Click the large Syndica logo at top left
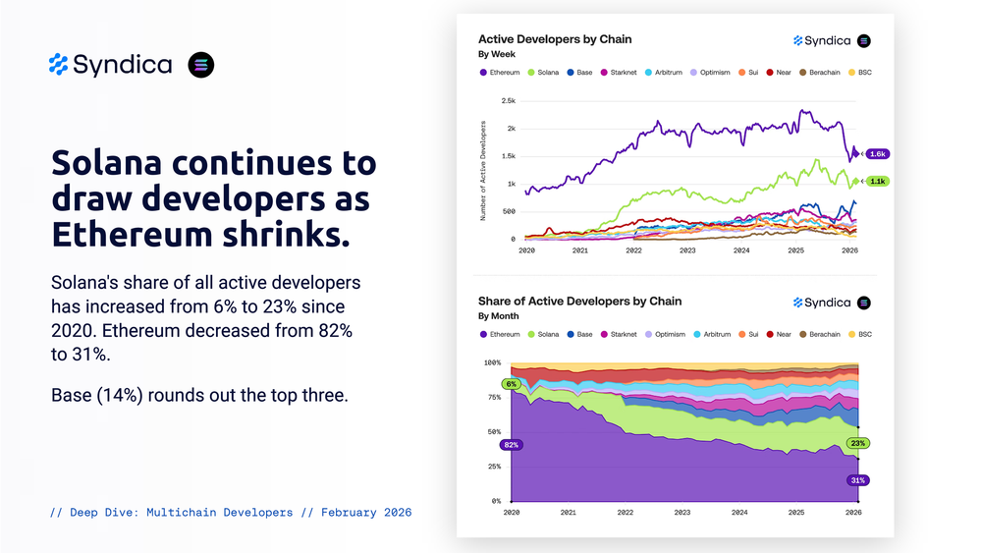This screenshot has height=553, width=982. coord(110,65)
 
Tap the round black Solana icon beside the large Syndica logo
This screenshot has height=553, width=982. coord(200,65)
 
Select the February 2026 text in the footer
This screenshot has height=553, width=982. coord(366,513)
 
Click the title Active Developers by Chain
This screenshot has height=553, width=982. coord(555,39)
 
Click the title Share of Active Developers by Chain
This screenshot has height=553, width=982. coord(579,301)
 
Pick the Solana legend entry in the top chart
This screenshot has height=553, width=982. coord(543,73)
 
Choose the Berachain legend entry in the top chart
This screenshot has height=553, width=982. coord(823,73)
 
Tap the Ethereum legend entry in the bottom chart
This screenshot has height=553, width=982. coord(500,334)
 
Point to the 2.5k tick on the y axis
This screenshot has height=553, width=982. coord(508,101)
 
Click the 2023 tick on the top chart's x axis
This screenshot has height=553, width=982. coord(687,250)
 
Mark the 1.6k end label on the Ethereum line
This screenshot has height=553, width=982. coord(877,154)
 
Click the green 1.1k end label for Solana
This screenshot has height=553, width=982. coord(877,182)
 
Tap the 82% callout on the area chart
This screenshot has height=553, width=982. coord(511,445)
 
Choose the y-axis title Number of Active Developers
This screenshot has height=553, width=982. coord(483,170)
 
